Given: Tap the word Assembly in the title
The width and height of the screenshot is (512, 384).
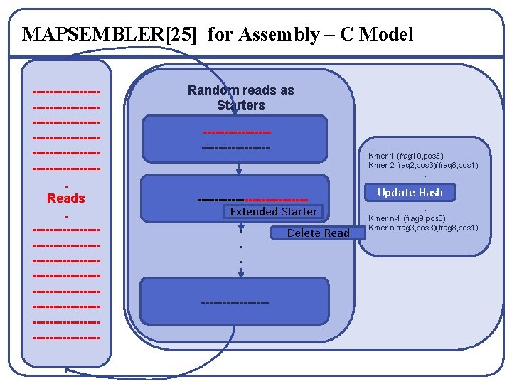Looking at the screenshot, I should point(277,34).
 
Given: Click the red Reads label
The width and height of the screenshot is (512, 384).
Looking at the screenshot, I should point(65,198).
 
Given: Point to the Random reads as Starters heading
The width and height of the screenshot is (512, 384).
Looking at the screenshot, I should point(240,97).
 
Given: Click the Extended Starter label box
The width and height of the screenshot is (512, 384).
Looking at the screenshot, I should point(273,211).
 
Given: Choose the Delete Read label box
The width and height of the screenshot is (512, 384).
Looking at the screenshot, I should point(318,233).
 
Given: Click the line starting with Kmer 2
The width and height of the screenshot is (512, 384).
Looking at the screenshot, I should point(423,165).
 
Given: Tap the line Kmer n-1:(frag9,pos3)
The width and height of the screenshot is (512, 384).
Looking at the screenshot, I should point(406,218).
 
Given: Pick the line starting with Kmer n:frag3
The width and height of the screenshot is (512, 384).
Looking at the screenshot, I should point(423,228).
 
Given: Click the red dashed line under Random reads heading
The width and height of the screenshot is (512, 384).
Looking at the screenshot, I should point(237,132).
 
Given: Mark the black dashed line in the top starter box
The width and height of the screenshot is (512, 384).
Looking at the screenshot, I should point(235,148).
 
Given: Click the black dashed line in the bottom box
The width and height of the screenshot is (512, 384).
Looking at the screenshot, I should point(235,304).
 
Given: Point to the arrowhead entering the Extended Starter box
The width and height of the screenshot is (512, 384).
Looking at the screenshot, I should point(240,171).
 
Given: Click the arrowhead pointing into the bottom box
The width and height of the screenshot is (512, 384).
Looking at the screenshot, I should point(241,274).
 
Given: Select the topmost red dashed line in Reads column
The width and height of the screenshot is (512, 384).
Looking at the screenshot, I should point(66,91).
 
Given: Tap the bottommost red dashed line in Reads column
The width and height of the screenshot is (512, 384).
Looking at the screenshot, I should point(66,338).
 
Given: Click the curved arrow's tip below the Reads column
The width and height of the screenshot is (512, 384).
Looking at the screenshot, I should point(66,370).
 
